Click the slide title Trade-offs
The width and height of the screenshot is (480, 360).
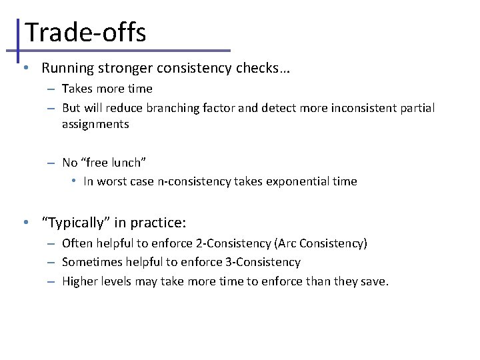85,32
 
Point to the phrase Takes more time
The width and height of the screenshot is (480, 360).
107,89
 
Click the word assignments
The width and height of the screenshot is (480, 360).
95,124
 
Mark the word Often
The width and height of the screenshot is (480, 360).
76,243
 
